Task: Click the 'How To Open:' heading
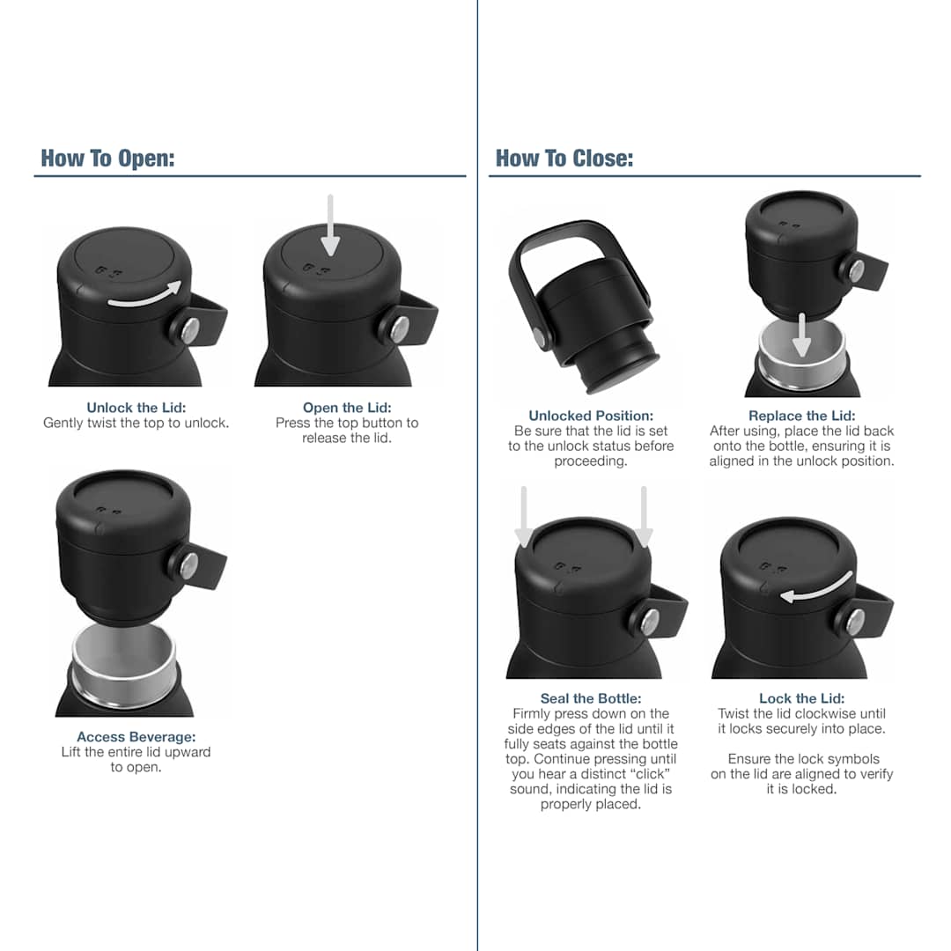[107, 158]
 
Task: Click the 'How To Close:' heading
[564, 158]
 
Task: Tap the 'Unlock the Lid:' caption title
[136, 408]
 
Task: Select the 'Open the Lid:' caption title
[347, 408]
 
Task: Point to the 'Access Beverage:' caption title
[136, 737]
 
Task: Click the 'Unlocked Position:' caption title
[591, 416]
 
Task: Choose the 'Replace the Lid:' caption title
[801, 416]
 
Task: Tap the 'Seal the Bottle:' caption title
[591, 699]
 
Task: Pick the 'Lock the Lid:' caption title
[801, 699]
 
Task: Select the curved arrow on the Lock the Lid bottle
[816, 587]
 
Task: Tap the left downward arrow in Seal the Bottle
[524, 515]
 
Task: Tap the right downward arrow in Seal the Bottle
[644, 515]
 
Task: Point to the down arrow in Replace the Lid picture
[800, 335]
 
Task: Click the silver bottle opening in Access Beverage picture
[124, 665]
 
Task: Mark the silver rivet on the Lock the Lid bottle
[855, 621]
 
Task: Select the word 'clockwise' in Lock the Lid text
[796, 714]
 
